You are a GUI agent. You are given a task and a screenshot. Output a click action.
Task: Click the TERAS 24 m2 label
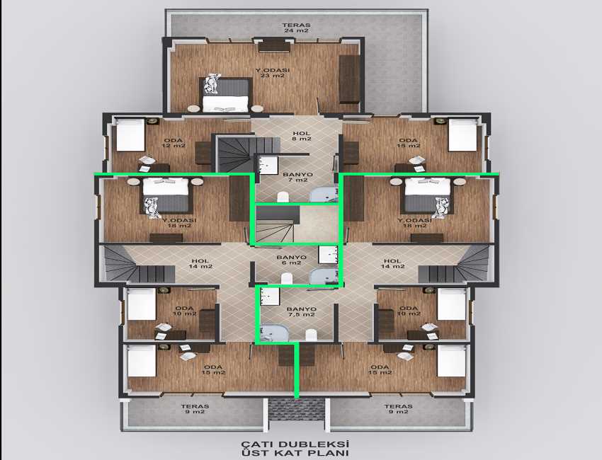click(x=296, y=28)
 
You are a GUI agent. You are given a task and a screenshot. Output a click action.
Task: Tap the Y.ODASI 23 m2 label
click(x=273, y=73)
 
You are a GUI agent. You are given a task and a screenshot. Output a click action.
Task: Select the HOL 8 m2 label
click(x=302, y=136)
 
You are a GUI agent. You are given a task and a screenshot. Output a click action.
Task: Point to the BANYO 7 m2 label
click(x=297, y=177)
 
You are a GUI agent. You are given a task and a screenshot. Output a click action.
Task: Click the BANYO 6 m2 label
click(x=291, y=260)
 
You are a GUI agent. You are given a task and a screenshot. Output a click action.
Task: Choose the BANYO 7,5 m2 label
click(x=302, y=311)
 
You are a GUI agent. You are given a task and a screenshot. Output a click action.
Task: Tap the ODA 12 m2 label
click(x=174, y=143)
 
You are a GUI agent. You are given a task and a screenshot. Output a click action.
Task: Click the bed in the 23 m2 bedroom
click(x=225, y=94)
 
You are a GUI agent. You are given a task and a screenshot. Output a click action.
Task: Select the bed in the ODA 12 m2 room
click(x=130, y=134)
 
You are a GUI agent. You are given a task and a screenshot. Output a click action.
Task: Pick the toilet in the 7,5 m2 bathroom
click(x=312, y=335)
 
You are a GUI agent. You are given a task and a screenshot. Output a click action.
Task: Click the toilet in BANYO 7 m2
click(x=283, y=197)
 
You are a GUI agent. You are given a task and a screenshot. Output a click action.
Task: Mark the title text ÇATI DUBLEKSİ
click(x=295, y=444)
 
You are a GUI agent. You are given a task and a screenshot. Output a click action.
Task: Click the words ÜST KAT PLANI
click(x=295, y=453)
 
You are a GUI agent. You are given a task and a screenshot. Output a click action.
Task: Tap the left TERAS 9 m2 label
click(x=195, y=409)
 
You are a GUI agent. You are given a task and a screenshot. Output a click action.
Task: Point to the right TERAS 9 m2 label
click(x=399, y=409)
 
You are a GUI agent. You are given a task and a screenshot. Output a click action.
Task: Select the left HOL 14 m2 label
click(x=200, y=264)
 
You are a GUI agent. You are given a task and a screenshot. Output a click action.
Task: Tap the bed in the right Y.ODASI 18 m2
click(x=427, y=195)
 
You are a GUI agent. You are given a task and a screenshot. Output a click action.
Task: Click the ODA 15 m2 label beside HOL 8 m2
click(x=409, y=143)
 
